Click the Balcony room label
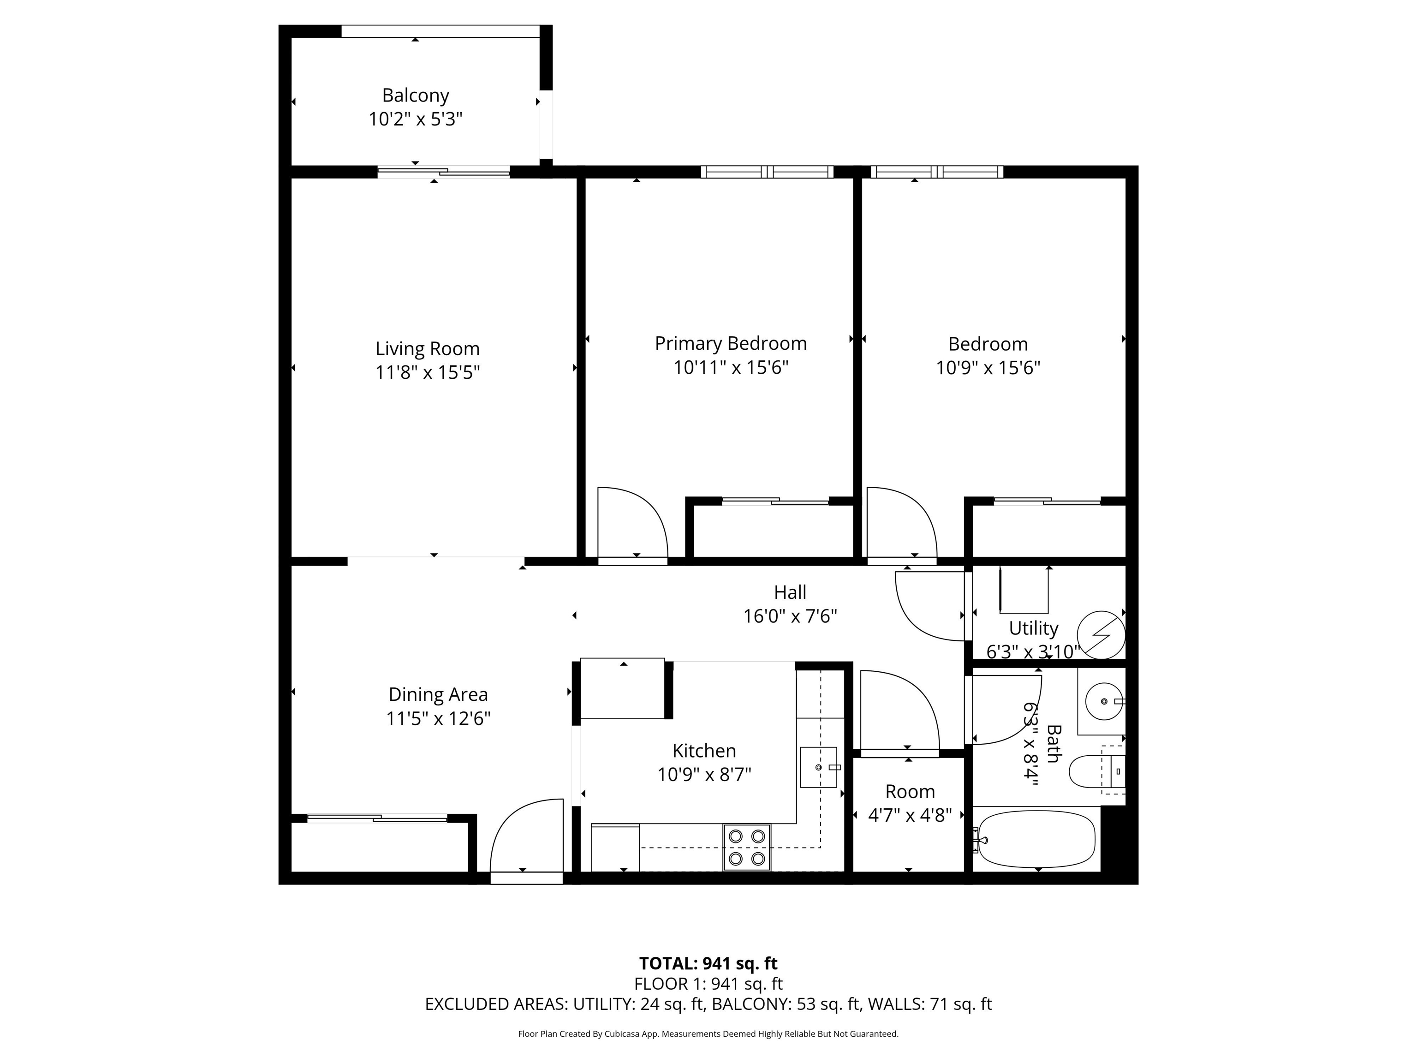(415, 96)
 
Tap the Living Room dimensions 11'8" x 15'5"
(427, 372)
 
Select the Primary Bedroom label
(730, 343)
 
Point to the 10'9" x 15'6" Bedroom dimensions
(988, 368)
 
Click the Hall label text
(790, 592)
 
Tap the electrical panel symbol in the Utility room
(1101, 635)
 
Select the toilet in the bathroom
(1089, 771)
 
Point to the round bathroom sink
(1104, 701)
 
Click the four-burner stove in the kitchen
(747, 847)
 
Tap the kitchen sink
(818, 767)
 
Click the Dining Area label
(438, 694)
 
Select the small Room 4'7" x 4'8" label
(910, 792)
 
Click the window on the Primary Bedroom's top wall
(767, 172)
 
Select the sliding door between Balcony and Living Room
(443, 171)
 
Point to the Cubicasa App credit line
(708, 1033)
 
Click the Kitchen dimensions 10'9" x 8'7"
(704, 775)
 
